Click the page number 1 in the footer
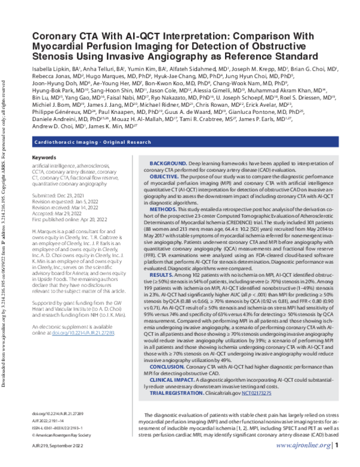pyautogui.click(x=337, y=462)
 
